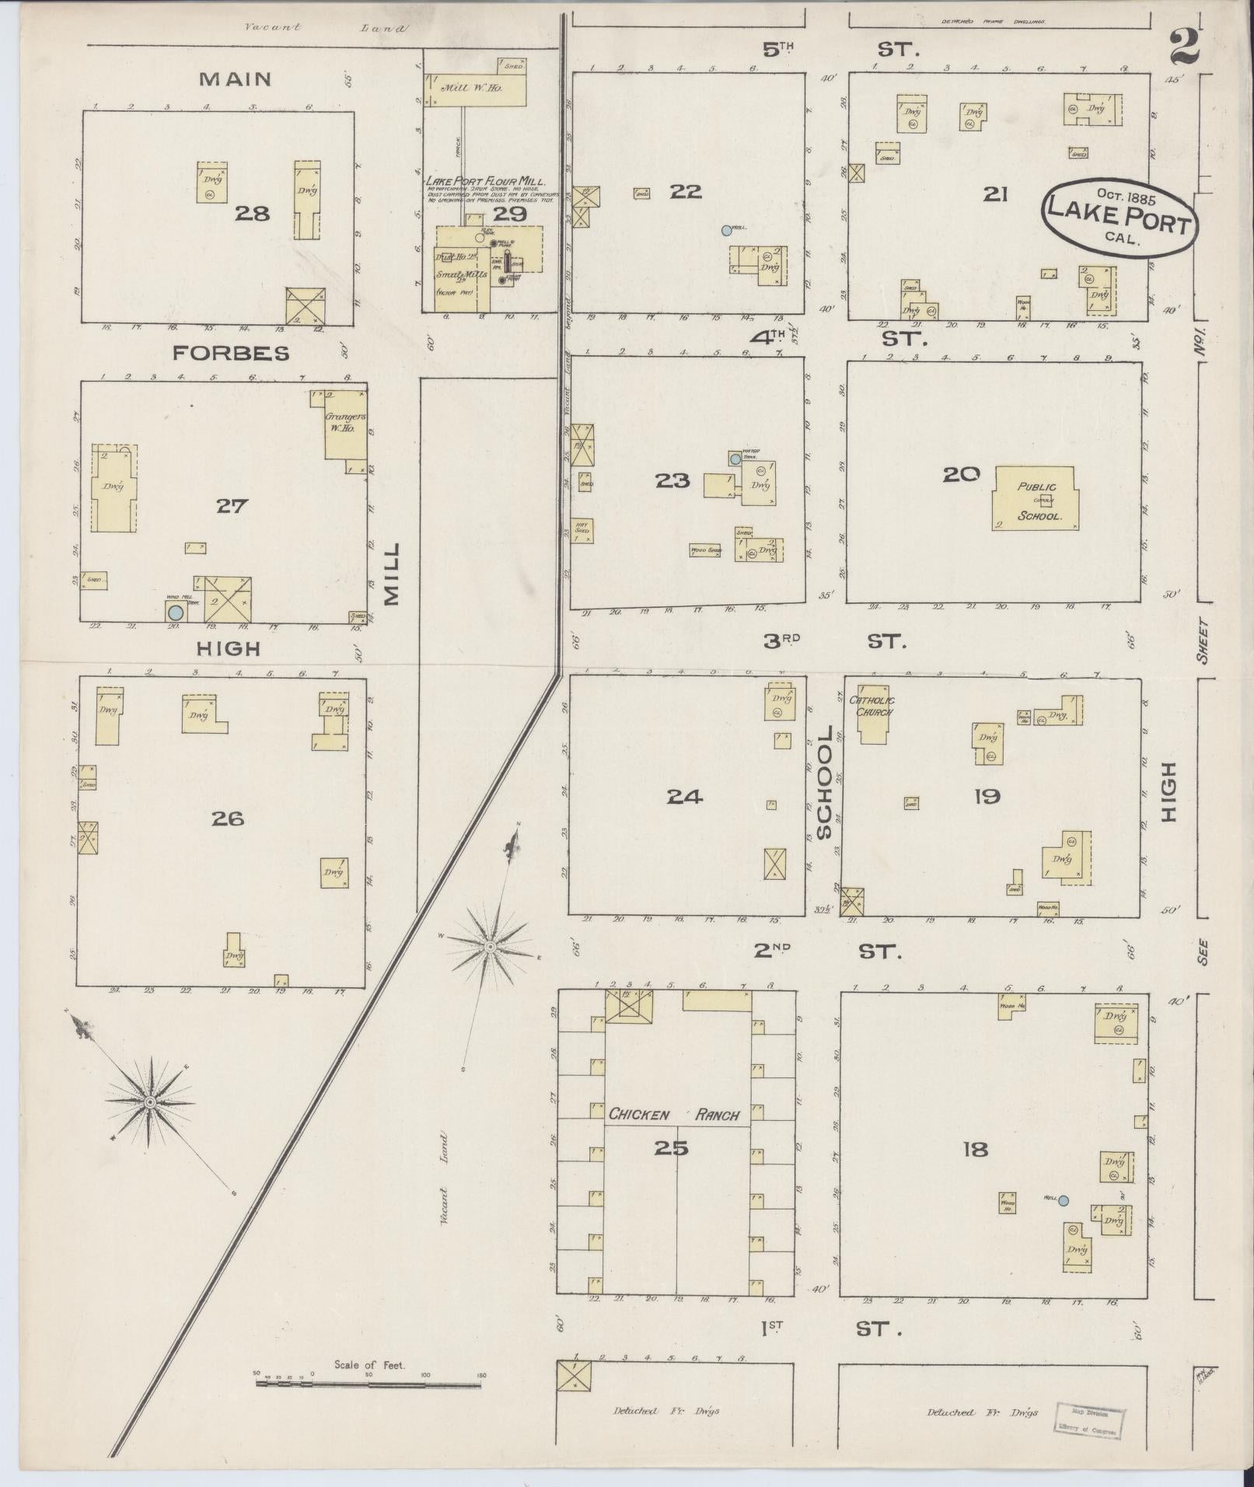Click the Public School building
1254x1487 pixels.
pyautogui.click(x=1036, y=498)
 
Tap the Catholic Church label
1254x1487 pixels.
pyautogui.click(x=875, y=702)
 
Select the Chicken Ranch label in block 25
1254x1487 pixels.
pyautogui.click(x=673, y=1115)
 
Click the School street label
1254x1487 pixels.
pyautogui.click(x=825, y=783)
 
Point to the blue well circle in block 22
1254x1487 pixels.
pyautogui.click(x=726, y=230)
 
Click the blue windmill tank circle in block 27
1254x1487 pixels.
pyautogui.click(x=176, y=611)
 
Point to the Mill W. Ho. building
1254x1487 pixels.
pyautogui.click(x=475, y=89)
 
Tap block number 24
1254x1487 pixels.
pyautogui.click(x=685, y=796)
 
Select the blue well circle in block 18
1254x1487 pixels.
pyautogui.click(x=1064, y=1201)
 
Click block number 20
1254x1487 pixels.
pyautogui.click(x=960, y=473)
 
